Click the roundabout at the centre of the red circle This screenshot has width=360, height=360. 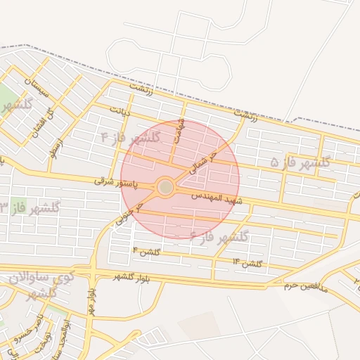[x=166, y=187]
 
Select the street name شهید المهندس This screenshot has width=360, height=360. [x=217, y=196]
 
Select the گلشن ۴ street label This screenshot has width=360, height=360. [x=147, y=251]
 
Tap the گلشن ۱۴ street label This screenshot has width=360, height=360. [x=247, y=263]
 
